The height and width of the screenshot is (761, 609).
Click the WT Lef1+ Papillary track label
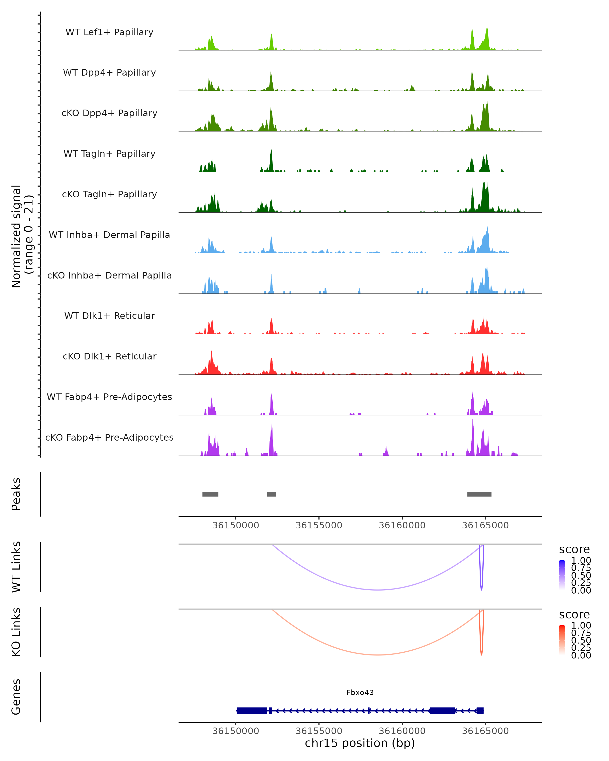point(109,32)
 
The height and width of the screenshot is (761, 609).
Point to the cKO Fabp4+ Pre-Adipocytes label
point(109,437)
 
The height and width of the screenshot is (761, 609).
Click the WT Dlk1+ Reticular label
point(109,316)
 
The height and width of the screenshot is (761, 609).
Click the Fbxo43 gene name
point(360,693)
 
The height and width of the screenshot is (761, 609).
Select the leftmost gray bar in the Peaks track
point(210,494)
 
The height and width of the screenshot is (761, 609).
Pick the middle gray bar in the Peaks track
point(272,494)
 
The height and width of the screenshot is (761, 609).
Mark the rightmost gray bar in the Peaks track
point(479,494)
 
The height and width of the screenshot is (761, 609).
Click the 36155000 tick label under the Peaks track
point(319,525)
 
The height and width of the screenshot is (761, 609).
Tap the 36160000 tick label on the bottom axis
point(402,731)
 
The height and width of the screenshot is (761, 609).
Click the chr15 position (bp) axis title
point(360,743)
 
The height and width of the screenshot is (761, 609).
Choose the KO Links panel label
point(16,632)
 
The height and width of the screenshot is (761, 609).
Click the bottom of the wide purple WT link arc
point(378,590)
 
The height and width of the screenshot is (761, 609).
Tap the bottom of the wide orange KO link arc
point(378,655)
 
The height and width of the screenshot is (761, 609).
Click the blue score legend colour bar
point(562,575)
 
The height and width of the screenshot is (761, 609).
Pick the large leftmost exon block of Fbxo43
point(252,711)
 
